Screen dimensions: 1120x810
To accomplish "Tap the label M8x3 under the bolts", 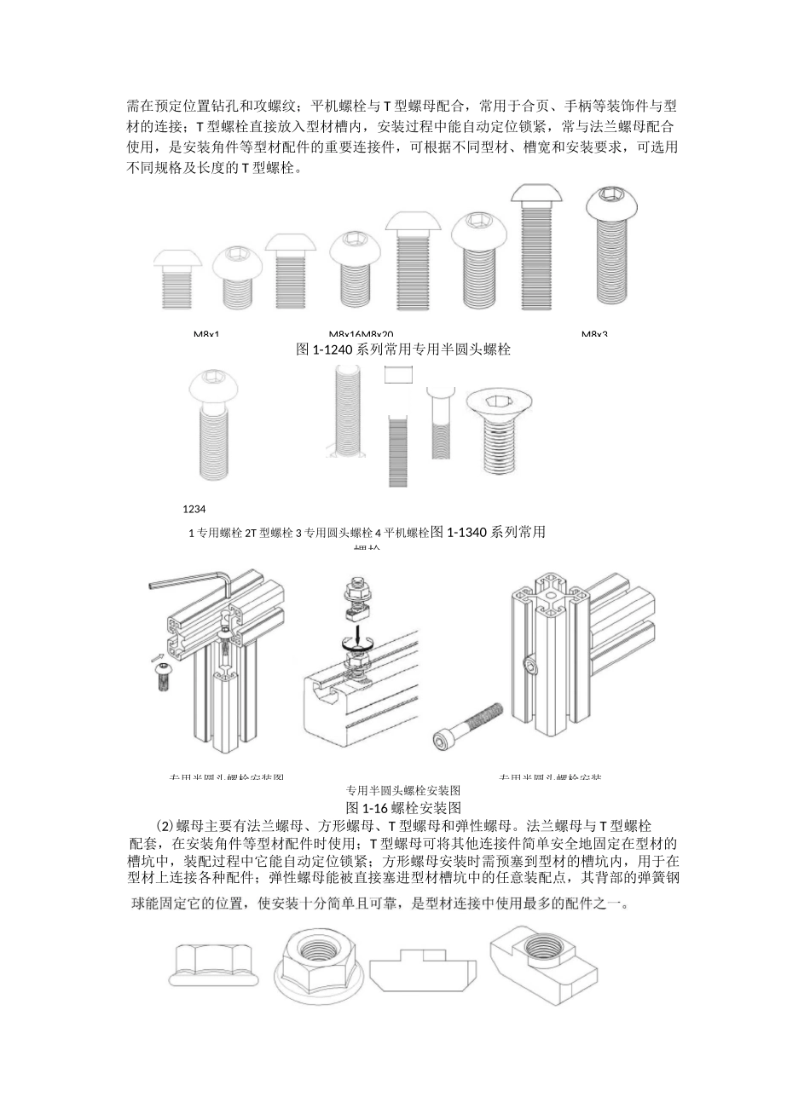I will coord(594,334).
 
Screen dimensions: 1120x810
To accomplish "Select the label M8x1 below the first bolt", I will coord(205,334).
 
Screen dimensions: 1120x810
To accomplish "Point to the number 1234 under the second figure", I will coord(194,509).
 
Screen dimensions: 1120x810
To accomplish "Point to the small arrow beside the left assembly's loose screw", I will coord(157,657).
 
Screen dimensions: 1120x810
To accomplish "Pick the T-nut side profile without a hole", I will coord(422,971).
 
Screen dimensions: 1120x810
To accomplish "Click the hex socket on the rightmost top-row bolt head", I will coord(610,199).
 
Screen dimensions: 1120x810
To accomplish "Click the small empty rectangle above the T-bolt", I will coord(398,375).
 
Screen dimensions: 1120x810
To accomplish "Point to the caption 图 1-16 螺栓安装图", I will coord(402,806).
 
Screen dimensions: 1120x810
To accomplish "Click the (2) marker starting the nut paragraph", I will coord(165,825).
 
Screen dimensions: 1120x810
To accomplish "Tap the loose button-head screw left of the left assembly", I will coord(163,679).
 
